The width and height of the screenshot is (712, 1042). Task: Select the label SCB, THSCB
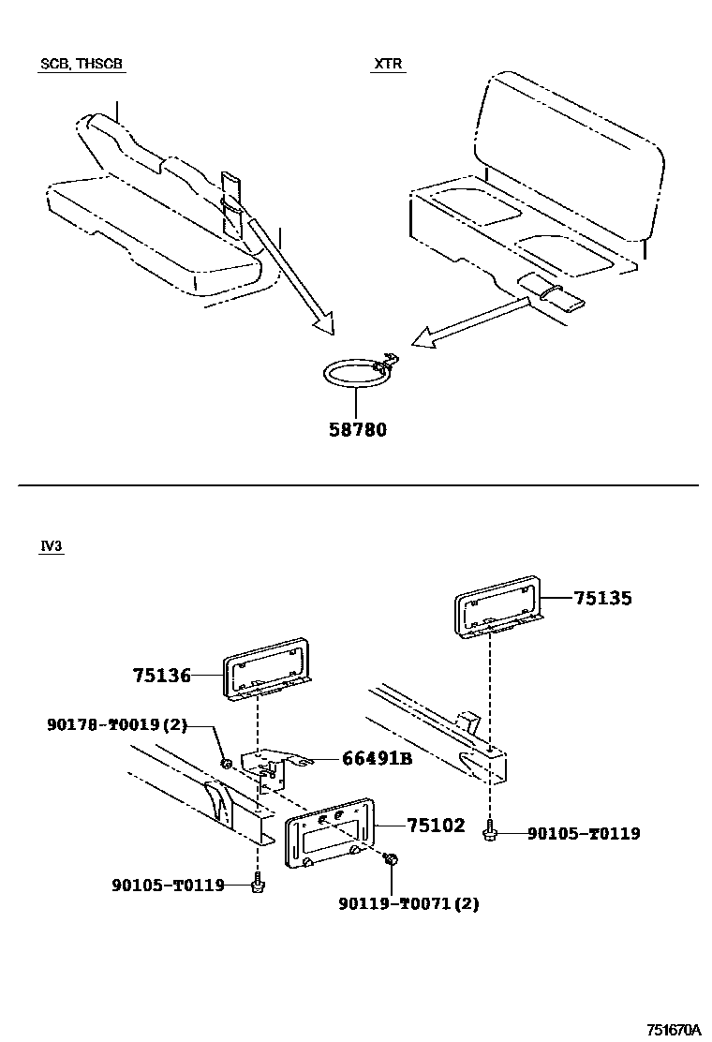82,65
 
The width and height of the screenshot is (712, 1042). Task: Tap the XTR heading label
388,65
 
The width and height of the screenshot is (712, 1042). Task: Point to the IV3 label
52,547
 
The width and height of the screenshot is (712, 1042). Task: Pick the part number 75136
162,675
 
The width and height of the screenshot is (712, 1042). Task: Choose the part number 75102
436,826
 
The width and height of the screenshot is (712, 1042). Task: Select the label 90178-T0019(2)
115,724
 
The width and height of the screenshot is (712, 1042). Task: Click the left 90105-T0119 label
168,884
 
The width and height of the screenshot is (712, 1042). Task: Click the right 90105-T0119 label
584,832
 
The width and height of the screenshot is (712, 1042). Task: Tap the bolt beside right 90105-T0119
490,830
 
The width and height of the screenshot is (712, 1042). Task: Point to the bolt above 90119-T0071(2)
392,860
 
